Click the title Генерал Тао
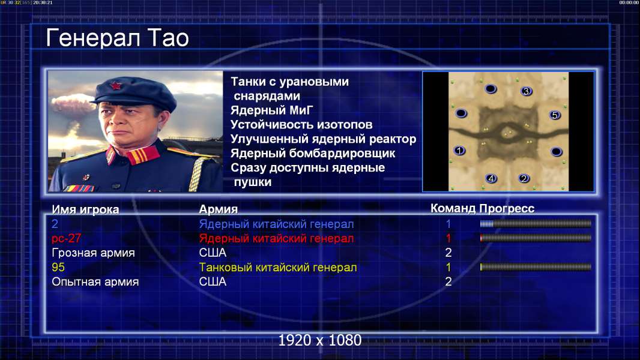pyautogui.click(x=118, y=38)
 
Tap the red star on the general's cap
pyautogui.click(x=116, y=86)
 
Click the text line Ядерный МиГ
pyautogui.click(x=272, y=110)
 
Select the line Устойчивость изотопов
pyautogui.click(x=301, y=125)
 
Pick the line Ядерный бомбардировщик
pyautogui.click(x=313, y=153)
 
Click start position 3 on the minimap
pyautogui.click(x=526, y=91)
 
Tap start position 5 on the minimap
pyautogui.click(x=555, y=115)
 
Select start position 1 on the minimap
pyautogui.click(x=459, y=151)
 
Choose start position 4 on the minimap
pyautogui.click(x=491, y=178)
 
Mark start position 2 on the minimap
pyautogui.click(x=524, y=178)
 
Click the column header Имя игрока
pyautogui.click(x=85, y=209)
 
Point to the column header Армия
pyautogui.click(x=219, y=209)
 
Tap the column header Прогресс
pyautogui.click(x=507, y=209)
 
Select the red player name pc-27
pyautogui.click(x=67, y=238)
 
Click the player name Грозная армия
pyautogui.click(x=93, y=253)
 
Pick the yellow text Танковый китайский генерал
pyautogui.click(x=278, y=268)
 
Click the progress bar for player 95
pyautogui.click(x=536, y=267)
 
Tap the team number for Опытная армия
pyautogui.click(x=448, y=281)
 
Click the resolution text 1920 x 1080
pyautogui.click(x=320, y=340)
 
